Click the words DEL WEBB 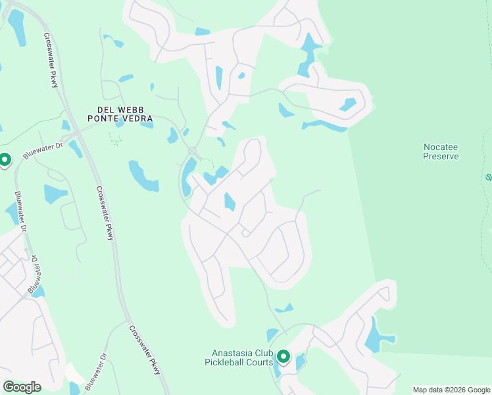[x=120, y=109]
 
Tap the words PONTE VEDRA [x=120, y=118]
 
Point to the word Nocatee [x=440, y=147]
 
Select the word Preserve [x=440, y=157]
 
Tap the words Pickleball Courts [x=238, y=362]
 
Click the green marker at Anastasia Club [x=283, y=356]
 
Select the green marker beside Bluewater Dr [x=4, y=160]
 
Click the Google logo [x=22, y=387]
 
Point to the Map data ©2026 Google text [x=451, y=390]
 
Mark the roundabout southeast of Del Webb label [x=192, y=151]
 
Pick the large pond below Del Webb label [x=143, y=176]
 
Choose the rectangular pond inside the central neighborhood [x=229, y=201]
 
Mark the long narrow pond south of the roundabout [x=187, y=176]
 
